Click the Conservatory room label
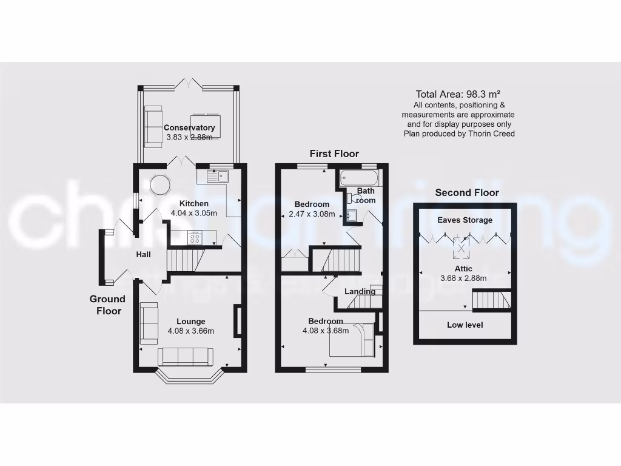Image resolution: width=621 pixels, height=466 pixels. point(189,128)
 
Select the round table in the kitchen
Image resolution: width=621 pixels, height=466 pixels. point(161,184)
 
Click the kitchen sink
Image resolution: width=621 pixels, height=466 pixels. point(216,177)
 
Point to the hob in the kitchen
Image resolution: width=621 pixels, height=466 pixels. point(195,238)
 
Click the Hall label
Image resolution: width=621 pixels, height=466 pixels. point(143,255)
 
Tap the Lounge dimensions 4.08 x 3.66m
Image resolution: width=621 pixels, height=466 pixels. point(190,331)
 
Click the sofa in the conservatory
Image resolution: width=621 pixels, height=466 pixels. point(153,126)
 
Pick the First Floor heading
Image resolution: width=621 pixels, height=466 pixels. point(334,154)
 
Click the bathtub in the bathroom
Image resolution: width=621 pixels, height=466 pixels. point(359,178)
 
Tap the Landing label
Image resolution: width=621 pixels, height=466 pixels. point(360,291)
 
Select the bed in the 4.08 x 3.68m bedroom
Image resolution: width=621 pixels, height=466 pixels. point(352,340)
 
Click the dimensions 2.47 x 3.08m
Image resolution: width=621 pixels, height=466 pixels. point(312,214)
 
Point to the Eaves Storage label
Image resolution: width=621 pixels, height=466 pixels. point(465,220)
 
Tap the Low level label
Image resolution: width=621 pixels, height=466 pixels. point(465,325)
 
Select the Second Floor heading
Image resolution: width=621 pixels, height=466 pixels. point(467,192)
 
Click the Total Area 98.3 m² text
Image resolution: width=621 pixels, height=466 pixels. point(458,94)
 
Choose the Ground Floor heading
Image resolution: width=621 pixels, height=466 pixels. point(107,305)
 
